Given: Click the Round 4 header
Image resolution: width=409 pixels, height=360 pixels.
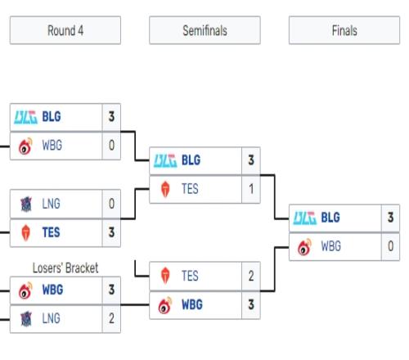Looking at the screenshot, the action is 65,30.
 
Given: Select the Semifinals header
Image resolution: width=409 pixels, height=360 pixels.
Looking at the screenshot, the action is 204,30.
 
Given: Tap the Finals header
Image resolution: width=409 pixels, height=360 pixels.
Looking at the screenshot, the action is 344,30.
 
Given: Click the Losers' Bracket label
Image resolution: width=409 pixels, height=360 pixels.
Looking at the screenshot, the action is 65,268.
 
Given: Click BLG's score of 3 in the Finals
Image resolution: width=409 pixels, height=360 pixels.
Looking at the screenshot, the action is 390,218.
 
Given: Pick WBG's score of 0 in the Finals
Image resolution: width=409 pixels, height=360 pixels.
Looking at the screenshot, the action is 390,246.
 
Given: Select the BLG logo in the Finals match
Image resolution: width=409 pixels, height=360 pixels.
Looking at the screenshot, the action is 305,218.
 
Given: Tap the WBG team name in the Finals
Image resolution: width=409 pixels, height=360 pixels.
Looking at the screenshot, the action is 330,246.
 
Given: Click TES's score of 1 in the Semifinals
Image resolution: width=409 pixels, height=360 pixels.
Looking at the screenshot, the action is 251,189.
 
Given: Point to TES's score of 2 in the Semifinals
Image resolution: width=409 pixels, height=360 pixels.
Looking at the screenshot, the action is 251,276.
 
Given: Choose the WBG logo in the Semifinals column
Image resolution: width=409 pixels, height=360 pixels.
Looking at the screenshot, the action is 165,305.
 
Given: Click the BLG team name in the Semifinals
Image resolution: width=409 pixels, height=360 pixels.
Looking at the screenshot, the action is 191,160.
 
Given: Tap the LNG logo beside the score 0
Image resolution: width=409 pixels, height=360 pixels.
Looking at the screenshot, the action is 26,204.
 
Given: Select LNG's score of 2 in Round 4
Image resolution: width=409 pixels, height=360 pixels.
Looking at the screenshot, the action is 111,318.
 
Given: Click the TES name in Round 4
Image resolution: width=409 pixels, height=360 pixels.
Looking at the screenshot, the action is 51,232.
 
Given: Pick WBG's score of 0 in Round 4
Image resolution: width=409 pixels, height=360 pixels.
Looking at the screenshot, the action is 111,145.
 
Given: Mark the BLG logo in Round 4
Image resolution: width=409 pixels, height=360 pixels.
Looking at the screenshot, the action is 25,117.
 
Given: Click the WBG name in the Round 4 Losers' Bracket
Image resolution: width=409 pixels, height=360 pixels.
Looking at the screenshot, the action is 52,290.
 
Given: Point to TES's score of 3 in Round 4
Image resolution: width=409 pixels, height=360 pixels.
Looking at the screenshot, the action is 111,232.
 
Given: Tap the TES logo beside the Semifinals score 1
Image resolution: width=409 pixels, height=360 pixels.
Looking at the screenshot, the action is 165,189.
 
